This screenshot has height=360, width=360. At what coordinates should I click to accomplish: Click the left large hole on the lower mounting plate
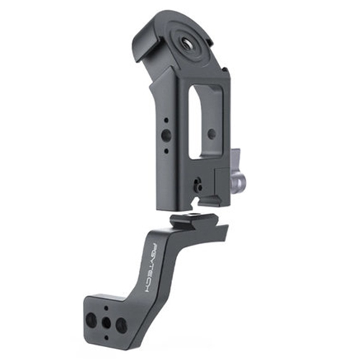(91, 319)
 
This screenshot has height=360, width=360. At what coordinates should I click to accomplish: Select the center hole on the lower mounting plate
(106, 323)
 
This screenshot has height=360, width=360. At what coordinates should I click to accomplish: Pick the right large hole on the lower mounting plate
(120, 325)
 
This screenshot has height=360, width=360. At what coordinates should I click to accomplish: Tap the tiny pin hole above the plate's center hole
(107, 308)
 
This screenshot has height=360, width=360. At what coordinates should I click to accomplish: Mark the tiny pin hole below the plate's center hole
(107, 337)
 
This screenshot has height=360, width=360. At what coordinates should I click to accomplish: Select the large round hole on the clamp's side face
(166, 135)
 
